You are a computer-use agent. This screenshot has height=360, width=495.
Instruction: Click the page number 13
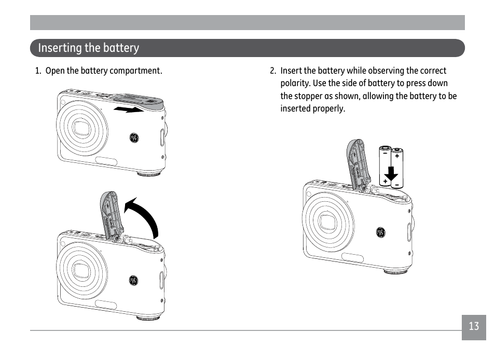point(474,327)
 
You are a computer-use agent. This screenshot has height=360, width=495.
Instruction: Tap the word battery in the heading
point(121,48)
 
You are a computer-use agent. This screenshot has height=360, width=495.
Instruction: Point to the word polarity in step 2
point(295,84)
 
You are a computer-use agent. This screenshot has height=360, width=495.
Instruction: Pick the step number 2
point(272,71)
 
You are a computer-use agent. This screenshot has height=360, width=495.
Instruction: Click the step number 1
point(37,71)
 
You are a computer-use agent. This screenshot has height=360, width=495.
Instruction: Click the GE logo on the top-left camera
point(134,137)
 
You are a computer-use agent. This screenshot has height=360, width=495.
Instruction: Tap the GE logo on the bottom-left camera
point(134,281)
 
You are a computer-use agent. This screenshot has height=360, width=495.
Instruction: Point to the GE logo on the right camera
point(380,233)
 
